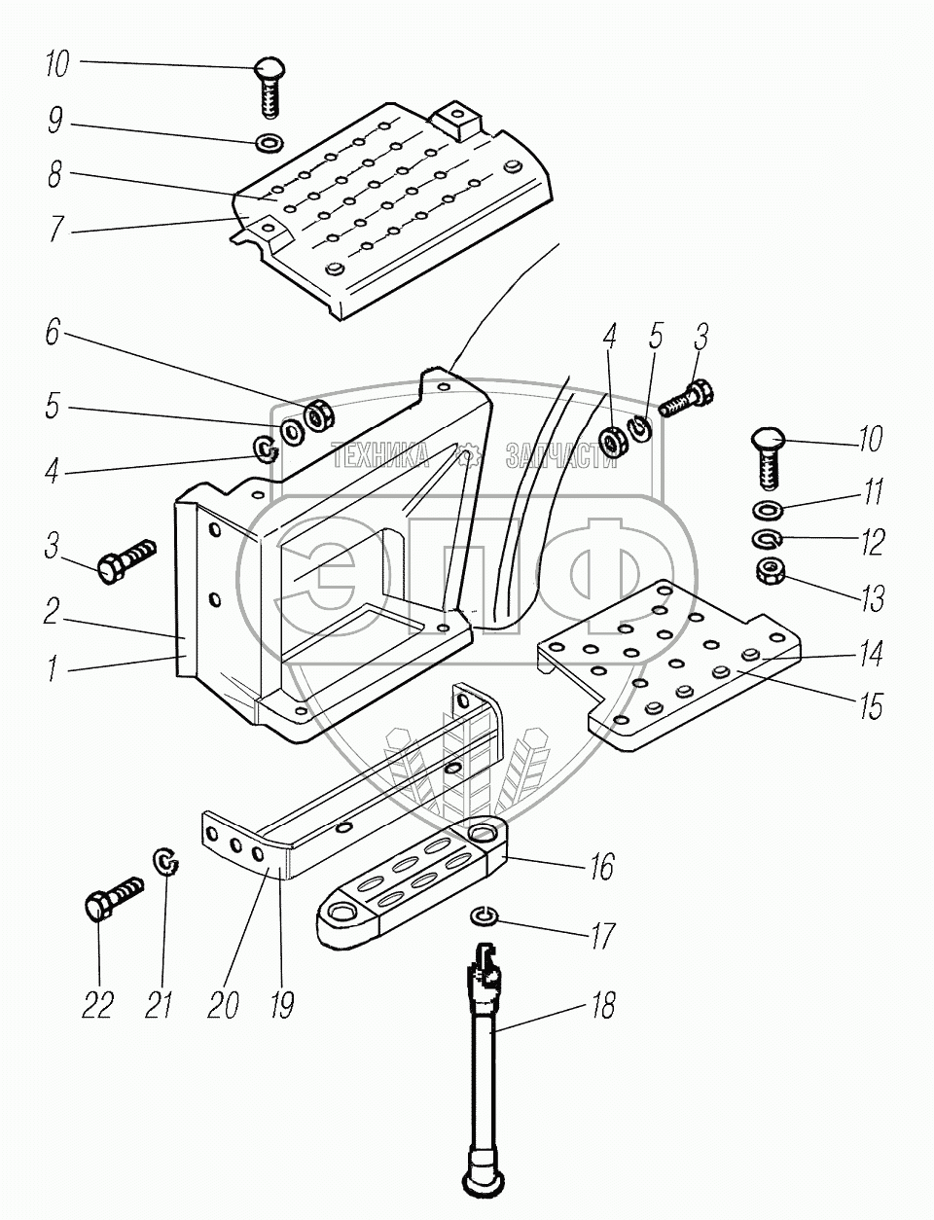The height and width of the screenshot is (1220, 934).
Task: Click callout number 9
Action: point(55,124)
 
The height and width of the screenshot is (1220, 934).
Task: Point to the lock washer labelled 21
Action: point(167,862)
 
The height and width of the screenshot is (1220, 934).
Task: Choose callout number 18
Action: point(603,1004)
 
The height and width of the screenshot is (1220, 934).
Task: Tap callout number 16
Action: point(603,866)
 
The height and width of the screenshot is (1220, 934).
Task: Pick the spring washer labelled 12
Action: point(768,539)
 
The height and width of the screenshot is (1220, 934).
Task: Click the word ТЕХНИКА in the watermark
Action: point(379,453)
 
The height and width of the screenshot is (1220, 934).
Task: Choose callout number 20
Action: point(223,1004)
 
